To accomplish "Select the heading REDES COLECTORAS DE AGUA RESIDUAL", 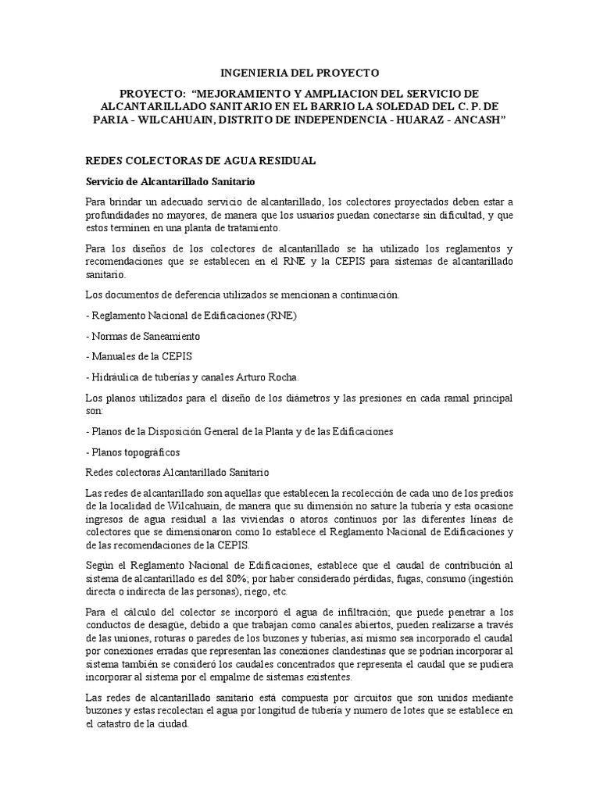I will [200, 160].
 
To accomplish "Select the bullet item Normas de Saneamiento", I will [143, 335].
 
